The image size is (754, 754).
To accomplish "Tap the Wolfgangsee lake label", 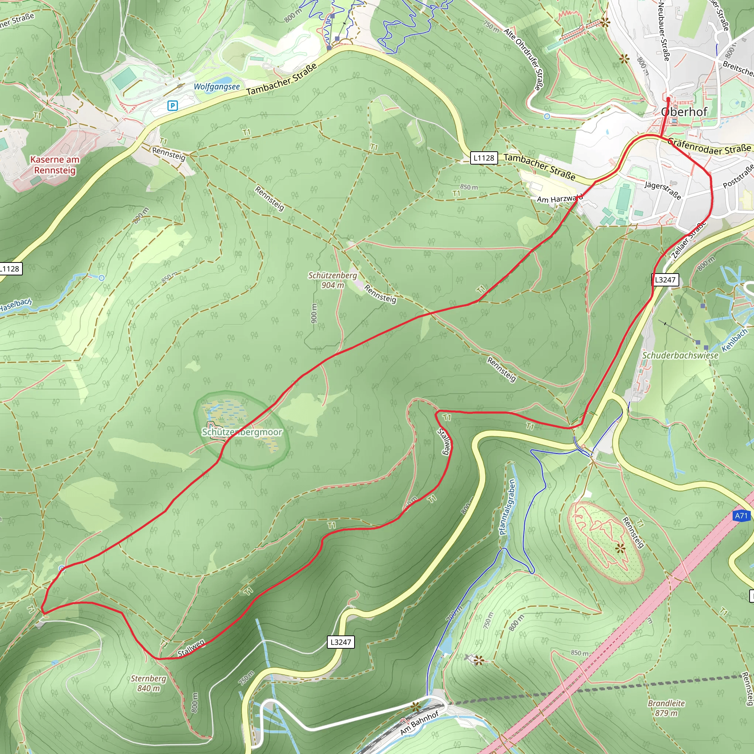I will click(216, 87).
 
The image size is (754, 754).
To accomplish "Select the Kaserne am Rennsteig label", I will click(55, 165).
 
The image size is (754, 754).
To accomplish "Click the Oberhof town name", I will click(684, 112).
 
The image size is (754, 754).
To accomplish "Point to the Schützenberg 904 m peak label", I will click(333, 280).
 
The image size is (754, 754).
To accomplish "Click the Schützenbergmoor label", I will click(242, 432).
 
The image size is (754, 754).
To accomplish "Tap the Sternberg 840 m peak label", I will click(148, 683).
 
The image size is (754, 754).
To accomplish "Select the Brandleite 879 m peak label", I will click(667, 708).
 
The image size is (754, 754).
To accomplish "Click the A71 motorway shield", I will click(741, 516).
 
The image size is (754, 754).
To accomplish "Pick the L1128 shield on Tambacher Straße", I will click(484, 158).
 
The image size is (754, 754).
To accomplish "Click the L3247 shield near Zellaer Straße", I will click(665, 279).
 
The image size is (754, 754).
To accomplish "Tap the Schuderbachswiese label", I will click(680, 356).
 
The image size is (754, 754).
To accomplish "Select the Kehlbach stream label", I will click(734, 340).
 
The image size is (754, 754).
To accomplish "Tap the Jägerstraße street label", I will click(663, 190).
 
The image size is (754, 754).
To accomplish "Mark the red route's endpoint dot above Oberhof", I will click(668, 99).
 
